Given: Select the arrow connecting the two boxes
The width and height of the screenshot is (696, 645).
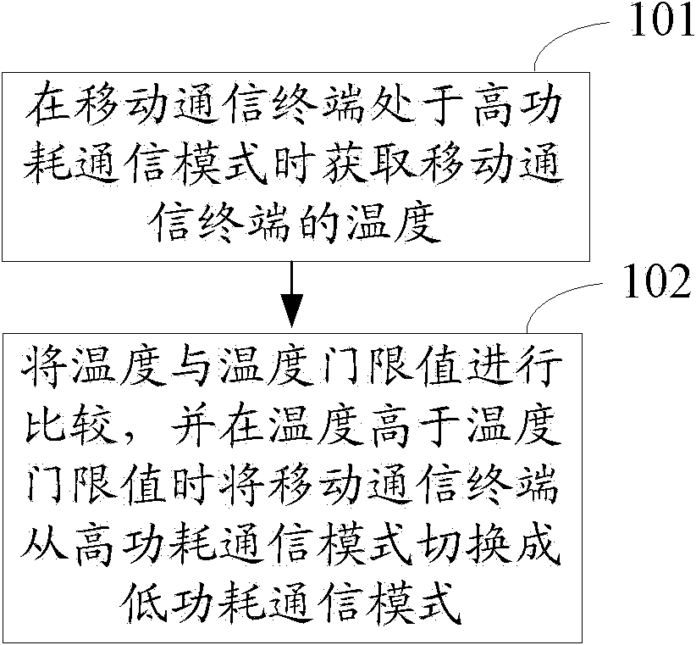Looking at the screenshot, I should (x=291, y=293).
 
